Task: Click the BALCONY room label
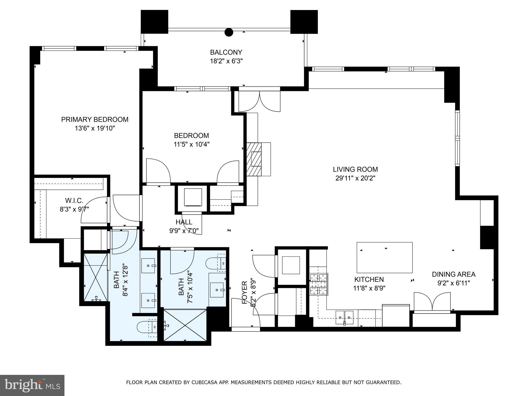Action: (226, 52)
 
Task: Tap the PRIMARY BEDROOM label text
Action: (95, 120)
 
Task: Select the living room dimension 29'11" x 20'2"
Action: (355, 178)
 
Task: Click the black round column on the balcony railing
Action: (229, 32)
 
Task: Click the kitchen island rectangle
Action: (384, 257)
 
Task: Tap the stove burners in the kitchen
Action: (319, 284)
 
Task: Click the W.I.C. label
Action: (74, 200)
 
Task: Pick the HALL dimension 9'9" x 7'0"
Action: (184, 230)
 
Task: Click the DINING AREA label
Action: (454, 274)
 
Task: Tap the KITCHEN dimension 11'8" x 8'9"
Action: (369, 288)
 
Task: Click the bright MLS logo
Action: (32, 385)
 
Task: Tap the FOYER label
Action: (245, 292)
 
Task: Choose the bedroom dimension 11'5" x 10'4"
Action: (192, 144)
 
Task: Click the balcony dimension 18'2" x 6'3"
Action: (226, 61)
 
